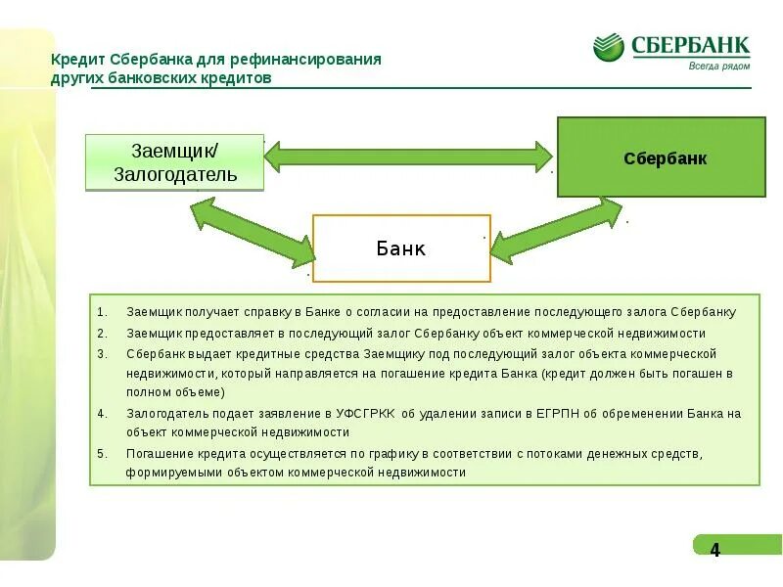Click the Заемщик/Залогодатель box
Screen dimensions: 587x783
pyautogui.click(x=175, y=163)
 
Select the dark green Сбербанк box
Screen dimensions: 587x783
pyautogui.click(x=662, y=158)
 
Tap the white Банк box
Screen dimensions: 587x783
pyautogui.click(x=401, y=248)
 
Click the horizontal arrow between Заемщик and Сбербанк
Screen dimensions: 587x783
pyautogui.click(x=408, y=155)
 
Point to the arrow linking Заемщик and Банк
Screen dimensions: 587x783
pyautogui.click(x=253, y=233)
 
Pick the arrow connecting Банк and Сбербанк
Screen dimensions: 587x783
pyautogui.click(x=555, y=231)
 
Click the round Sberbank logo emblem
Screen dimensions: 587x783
pyautogui.click(x=609, y=47)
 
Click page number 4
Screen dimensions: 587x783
pyautogui.click(x=714, y=550)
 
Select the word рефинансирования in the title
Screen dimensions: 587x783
pyautogui.click(x=316, y=60)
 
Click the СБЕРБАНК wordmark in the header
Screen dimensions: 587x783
pyautogui.click(x=691, y=44)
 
